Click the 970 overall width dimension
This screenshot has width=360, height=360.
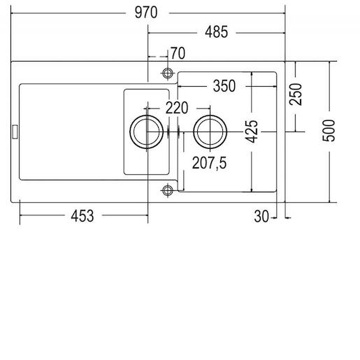146,13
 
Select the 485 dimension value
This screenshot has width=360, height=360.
216,32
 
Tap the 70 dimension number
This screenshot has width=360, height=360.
178,53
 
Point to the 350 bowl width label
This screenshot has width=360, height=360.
224,86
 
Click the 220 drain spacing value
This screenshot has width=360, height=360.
177,108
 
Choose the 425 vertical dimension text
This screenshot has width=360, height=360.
252,131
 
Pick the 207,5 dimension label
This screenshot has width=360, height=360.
209,163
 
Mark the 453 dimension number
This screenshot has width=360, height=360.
82,216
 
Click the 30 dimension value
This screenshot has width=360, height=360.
261,217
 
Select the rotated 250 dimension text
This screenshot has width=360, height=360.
296,94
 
